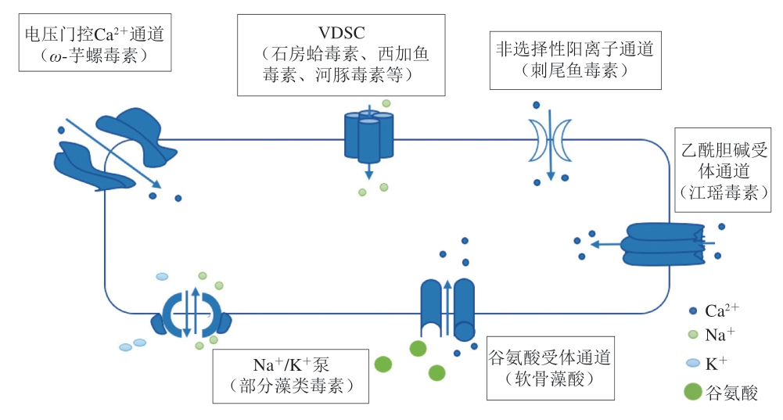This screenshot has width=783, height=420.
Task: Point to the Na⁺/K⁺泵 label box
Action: (x=291, y=375)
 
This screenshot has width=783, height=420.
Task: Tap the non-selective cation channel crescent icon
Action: (x=551, y=139)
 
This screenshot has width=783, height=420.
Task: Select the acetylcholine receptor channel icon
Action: (x=659, y=244)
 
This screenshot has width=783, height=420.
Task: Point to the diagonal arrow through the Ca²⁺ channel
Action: (x=113, y=153)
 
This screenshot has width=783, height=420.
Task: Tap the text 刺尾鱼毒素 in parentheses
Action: (x=574, y=70)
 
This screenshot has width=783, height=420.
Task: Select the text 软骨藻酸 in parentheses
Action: (x=548, y=381)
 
